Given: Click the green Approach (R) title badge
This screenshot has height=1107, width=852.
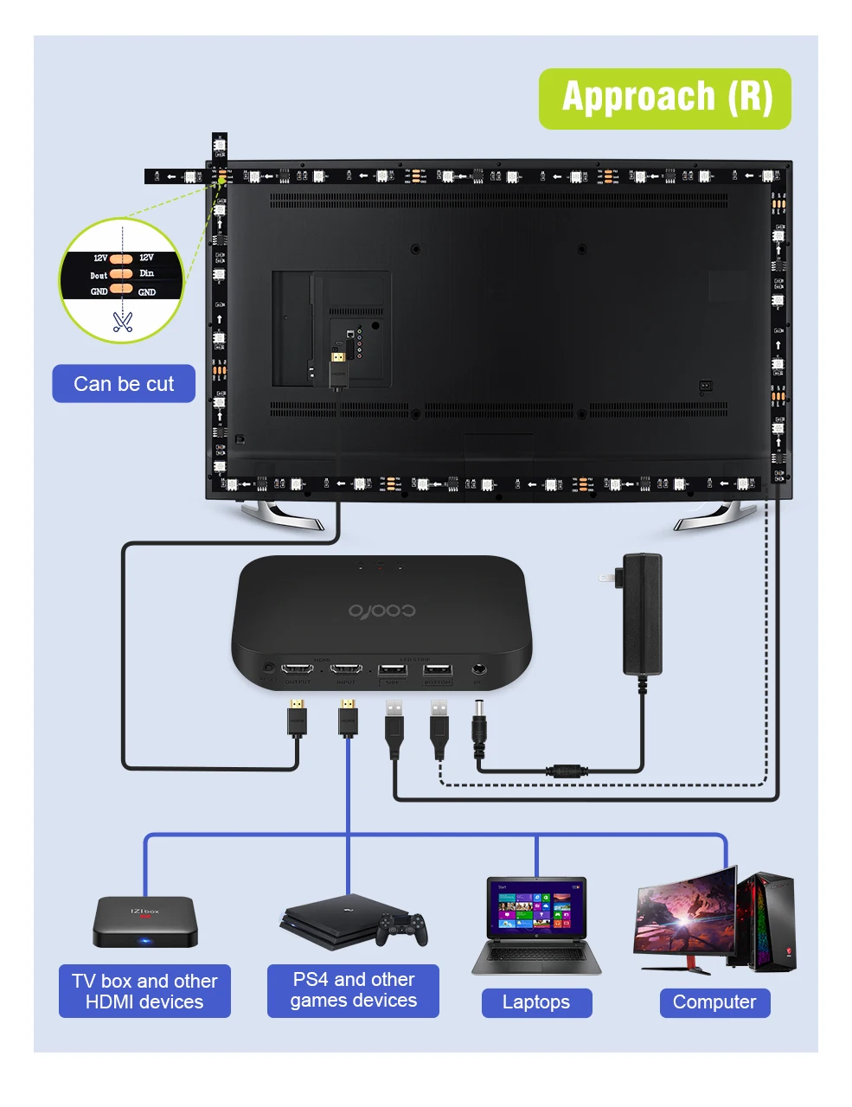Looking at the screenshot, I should tap(664, 99).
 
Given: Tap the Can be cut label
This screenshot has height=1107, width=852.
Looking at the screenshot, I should tap(124, 384).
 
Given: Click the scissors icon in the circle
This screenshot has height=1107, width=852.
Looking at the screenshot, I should tap(122, 322).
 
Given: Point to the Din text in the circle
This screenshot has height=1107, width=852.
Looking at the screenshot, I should tap(147, 273).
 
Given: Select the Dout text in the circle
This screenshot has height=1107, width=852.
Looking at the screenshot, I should tap(99, 275).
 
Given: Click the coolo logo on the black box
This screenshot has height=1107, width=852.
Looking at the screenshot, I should tap(381, 611).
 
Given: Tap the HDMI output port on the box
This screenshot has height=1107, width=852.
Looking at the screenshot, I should tap(298, 669).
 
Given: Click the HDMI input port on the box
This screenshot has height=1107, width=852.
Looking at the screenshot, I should tap(347, 669).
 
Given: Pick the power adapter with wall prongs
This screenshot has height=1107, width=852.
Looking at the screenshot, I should tap(641, 613).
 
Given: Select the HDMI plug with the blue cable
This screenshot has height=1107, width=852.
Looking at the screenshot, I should tap(348, 717).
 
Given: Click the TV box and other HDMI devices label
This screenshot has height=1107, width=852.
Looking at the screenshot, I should tap(144, 991).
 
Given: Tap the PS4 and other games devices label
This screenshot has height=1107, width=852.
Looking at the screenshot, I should tap(353, 990).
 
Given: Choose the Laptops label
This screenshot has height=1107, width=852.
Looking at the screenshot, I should tap(536, 1002).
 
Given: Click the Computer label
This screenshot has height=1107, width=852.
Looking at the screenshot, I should tap(714, 1002).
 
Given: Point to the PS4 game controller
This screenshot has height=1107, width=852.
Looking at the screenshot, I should tap(401, 929).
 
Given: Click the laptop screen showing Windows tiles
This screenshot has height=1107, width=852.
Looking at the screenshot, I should tap(536, 907).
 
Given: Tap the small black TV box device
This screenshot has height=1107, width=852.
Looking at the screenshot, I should tap(145, 921).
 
